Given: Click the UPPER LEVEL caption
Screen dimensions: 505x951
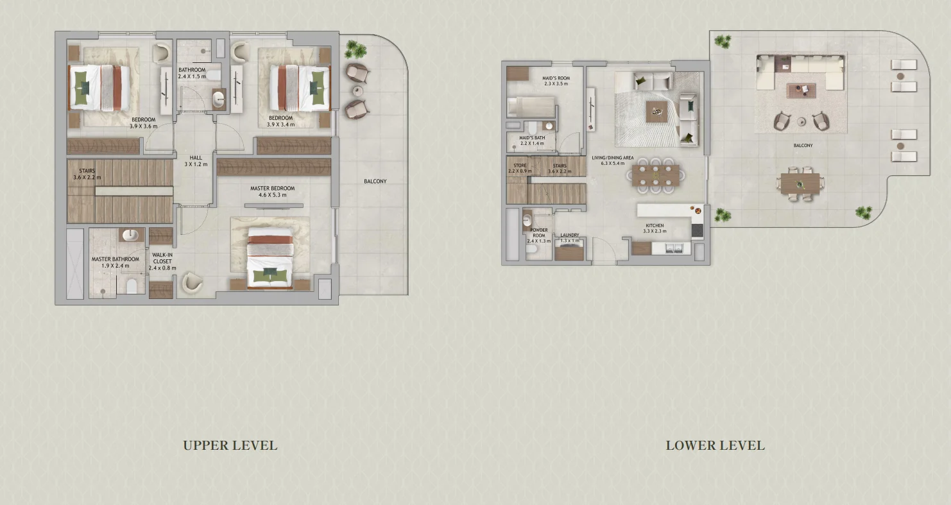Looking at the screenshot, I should pos(230,445).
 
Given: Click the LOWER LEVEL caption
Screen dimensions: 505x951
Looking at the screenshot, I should pos(715,445).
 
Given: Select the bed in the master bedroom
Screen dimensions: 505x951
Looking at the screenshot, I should pos(270,257).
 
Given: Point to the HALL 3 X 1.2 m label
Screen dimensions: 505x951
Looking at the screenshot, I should pos(196,161).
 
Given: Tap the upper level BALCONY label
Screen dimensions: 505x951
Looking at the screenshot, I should pos(375,182).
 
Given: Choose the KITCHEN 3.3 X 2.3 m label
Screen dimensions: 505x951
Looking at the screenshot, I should pos(655,228).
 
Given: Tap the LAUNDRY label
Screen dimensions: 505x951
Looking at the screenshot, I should pos(569,237).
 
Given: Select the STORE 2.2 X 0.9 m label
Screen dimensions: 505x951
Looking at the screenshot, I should pos(520,168).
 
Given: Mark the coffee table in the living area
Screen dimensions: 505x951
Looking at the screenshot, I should pos(656,112).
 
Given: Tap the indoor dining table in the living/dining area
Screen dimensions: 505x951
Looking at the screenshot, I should pos(655,175).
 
